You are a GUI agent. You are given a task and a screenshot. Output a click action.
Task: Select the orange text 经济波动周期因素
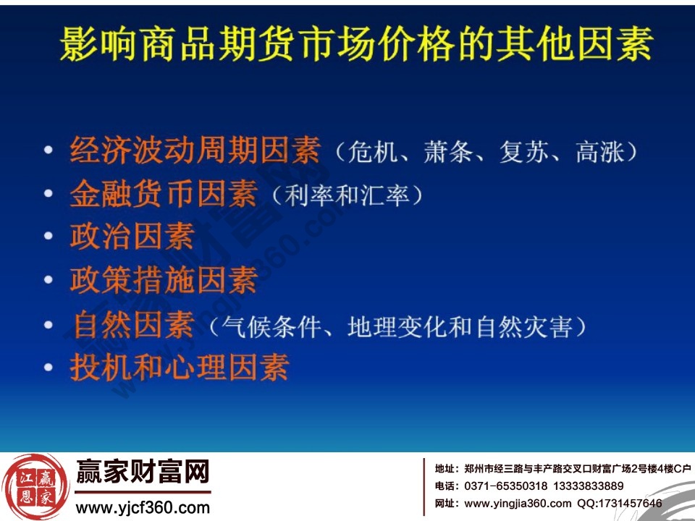point(195,152)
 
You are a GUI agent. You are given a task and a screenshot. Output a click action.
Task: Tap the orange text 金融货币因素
point(164,195)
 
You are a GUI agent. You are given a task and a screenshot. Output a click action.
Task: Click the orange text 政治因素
point(132,237)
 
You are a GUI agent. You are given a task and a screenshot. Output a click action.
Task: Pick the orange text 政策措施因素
point(164,281)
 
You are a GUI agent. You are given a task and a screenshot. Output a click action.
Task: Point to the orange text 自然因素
point(133,325)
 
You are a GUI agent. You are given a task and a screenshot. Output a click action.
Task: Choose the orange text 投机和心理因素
point(180,367)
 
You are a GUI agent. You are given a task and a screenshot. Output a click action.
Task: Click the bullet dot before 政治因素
point(49,237)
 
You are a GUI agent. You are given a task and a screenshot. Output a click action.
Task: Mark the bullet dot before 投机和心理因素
point(49,367)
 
